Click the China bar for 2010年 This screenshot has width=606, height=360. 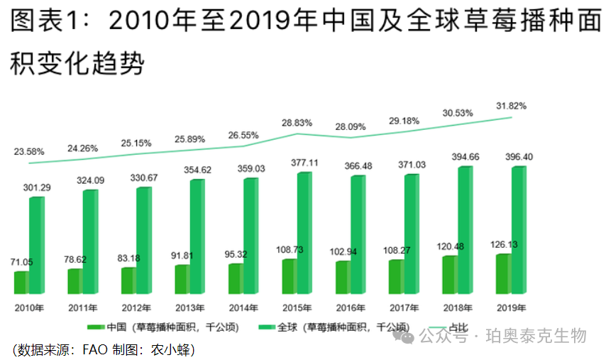point(21,283)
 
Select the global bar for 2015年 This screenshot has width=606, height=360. point(304,233)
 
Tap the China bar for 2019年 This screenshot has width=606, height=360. point(503,274)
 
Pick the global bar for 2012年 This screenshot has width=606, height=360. point(143,241)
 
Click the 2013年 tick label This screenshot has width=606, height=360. point(190,307)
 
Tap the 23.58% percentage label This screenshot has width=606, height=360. point(29,151)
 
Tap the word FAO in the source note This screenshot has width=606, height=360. point(95,349)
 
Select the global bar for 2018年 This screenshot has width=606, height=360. point(464,230)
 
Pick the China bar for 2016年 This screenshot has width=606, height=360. point(343,278)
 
